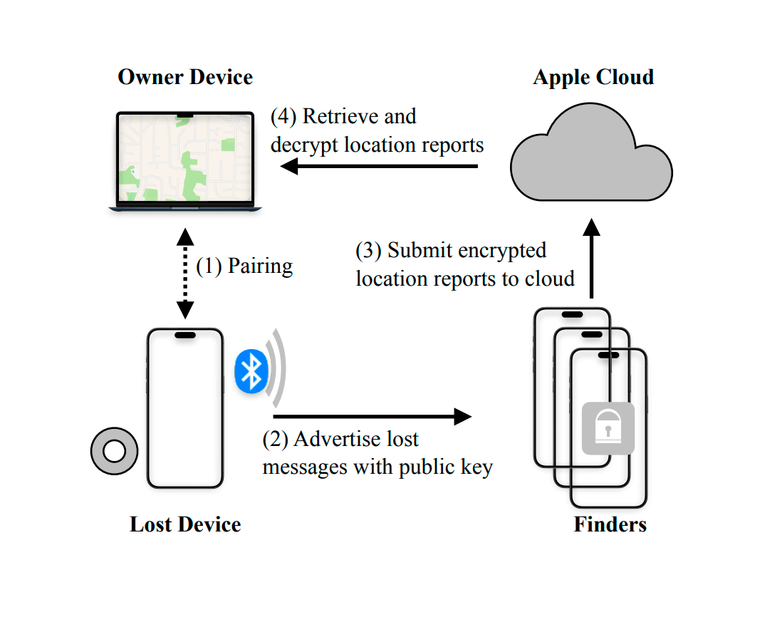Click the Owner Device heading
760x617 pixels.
185,77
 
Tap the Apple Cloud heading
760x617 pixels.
593,77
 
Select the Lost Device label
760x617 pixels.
185,525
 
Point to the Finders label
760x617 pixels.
610,525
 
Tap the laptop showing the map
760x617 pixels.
185,161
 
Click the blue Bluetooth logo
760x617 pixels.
251,371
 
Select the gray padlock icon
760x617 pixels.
608,428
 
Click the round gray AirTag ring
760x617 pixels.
113,451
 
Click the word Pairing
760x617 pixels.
260,267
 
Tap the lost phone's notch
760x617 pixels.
185,335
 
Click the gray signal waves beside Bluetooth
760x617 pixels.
277,370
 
